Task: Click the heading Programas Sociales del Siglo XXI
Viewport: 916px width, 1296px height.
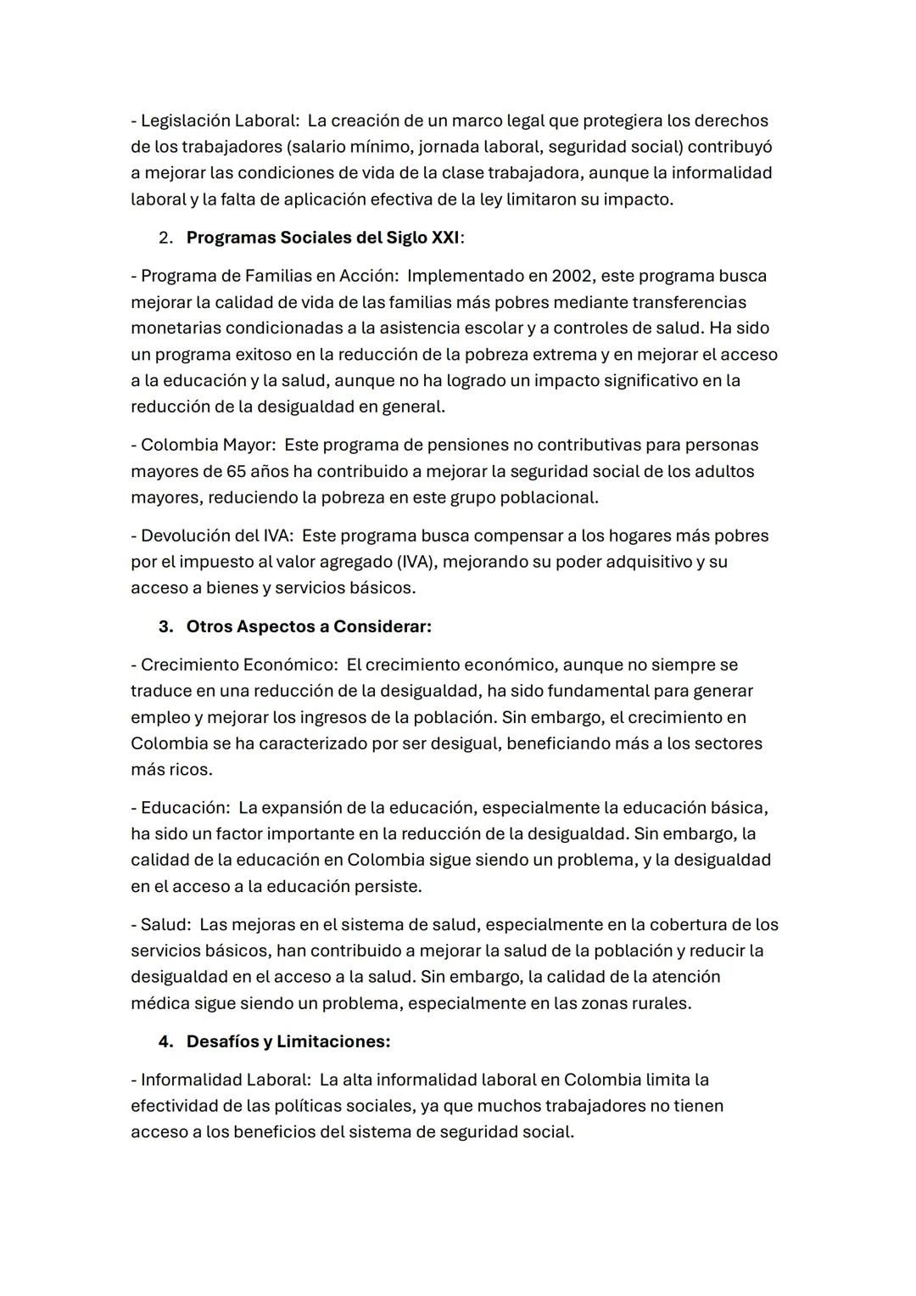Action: point(323,238)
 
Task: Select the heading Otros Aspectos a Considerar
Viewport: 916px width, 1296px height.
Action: point(309,626)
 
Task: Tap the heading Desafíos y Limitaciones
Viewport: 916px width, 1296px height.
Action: point(288,1041)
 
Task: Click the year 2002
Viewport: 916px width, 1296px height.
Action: point(572,276)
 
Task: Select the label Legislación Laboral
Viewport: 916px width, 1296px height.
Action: point(214,121)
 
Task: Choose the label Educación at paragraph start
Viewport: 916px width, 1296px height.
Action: point(184,807)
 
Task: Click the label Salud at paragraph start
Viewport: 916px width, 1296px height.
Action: point(165,924)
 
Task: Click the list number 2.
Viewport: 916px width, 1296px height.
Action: point(165,238)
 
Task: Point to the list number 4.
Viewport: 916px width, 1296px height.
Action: point(165,1041)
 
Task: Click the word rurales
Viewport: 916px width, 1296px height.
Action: point(662,1003)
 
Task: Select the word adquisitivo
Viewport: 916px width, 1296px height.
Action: point(645,562)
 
